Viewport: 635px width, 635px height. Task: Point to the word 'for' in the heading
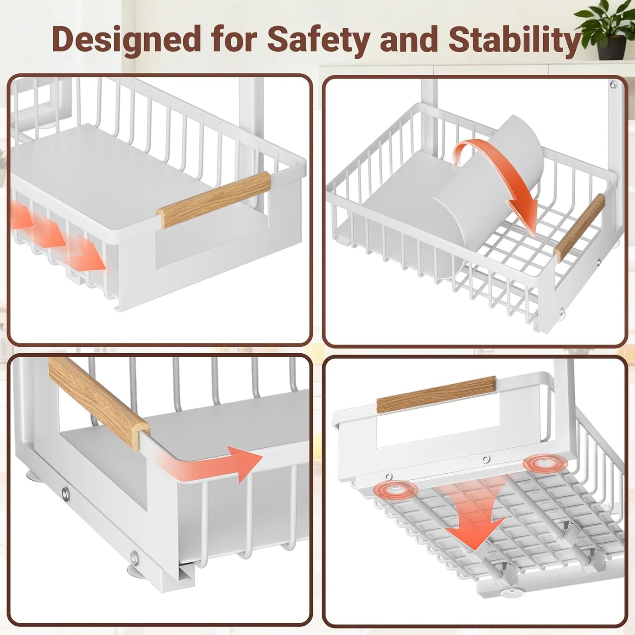[x=233, y=40]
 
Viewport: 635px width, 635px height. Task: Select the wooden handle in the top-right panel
[x=579, y=227]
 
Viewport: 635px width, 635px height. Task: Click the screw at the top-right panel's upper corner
[x=613, y=85]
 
